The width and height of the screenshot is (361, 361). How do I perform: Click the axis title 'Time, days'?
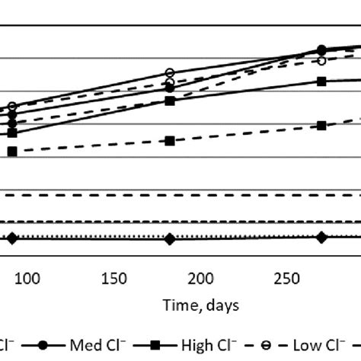(200, 305)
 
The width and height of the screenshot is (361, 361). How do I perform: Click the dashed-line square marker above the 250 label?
(322, 126)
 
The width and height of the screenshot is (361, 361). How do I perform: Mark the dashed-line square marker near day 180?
(170, 140)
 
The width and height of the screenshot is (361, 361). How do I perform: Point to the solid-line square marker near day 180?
(170, 101)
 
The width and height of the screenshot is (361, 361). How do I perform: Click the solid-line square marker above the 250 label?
(322, 81)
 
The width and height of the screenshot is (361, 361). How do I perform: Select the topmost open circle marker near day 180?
(170, 73)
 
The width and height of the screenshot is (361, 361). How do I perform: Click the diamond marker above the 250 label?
(322, 238)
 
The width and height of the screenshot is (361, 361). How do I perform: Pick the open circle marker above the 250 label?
(322, 59)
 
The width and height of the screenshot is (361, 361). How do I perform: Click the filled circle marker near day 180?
(170, 88)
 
